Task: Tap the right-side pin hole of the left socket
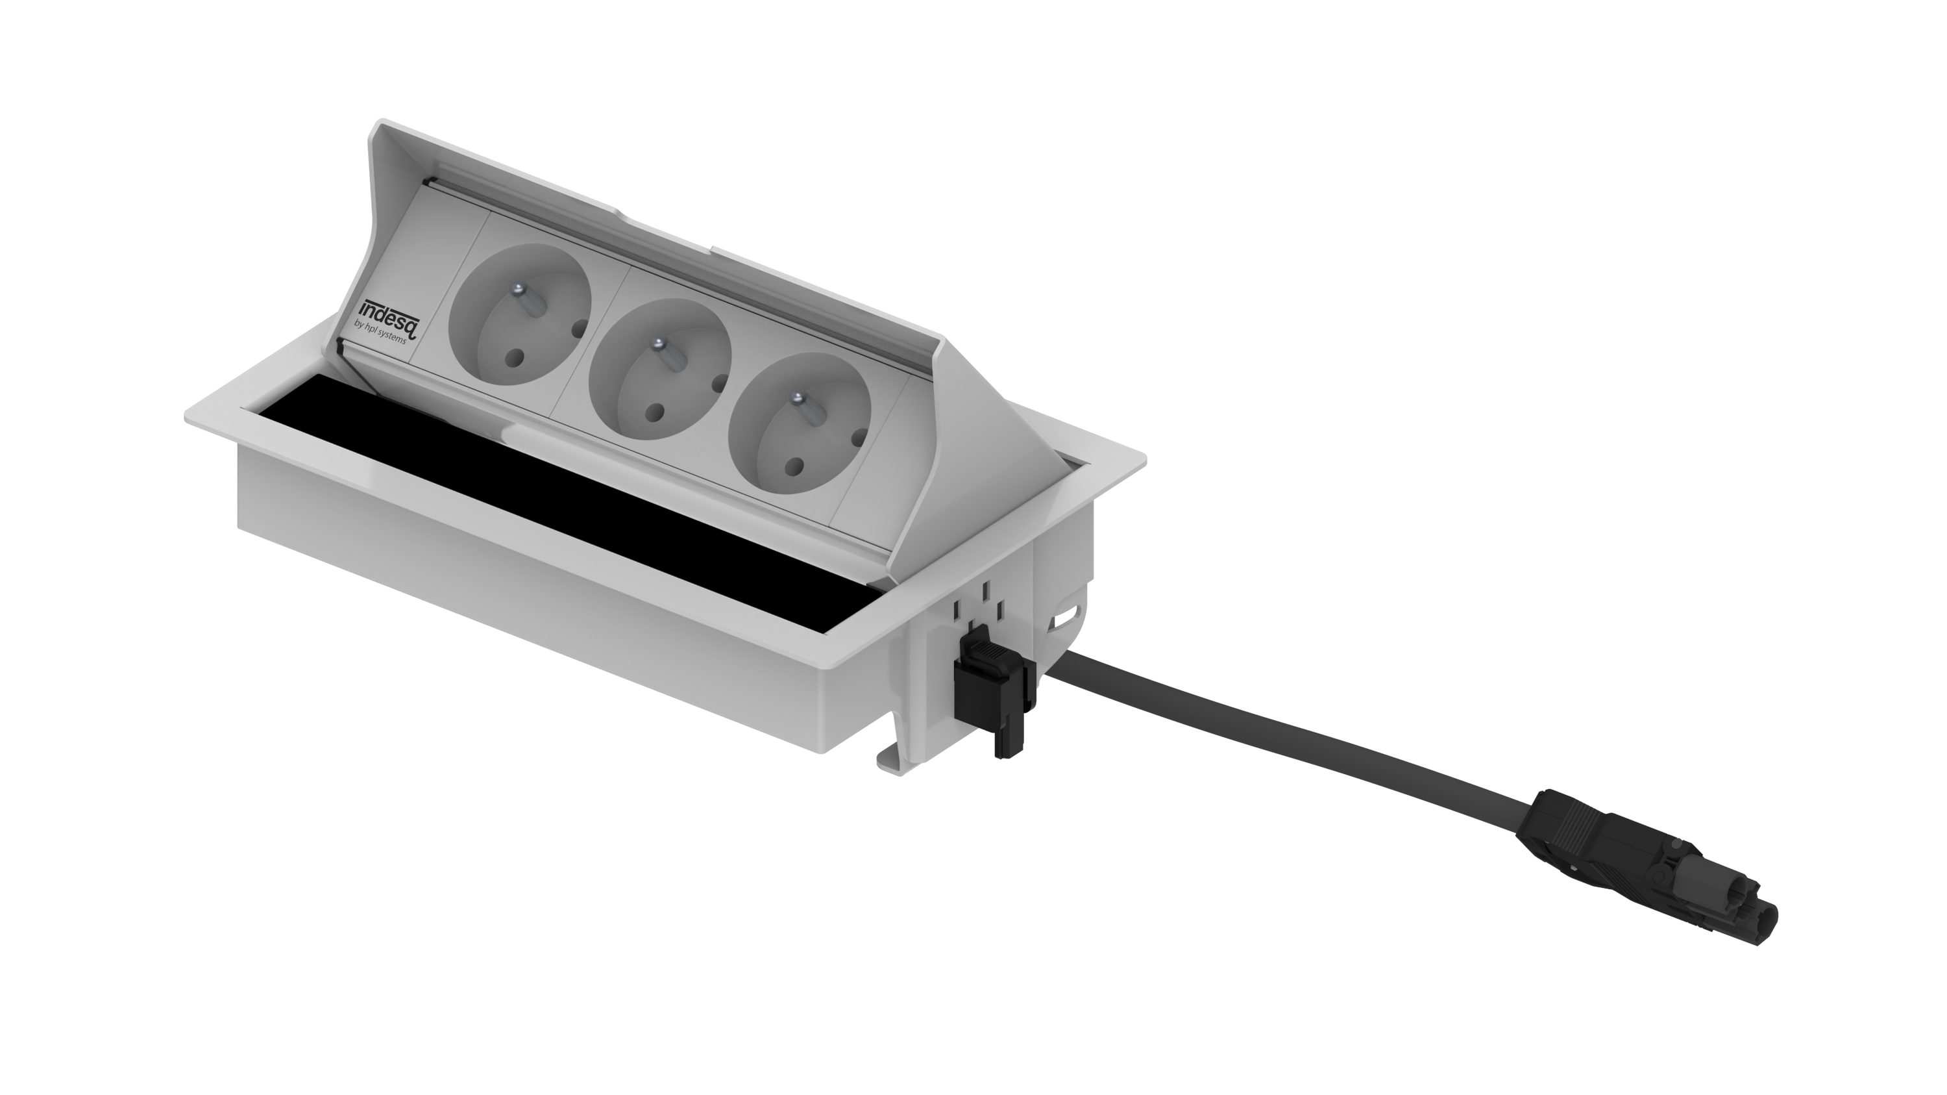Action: coord(578,328)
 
